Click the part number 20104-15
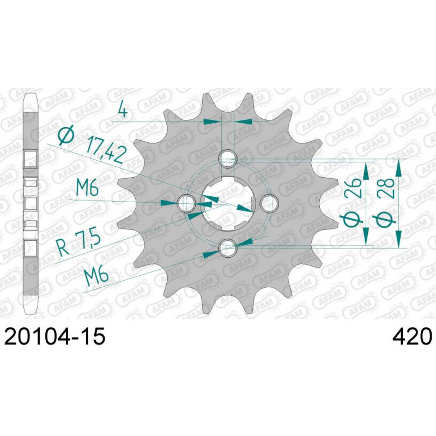(x=55, y=336)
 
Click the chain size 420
(x=412, y=336)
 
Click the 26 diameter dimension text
(x=353, y=188)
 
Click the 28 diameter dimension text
(x=386, y=188)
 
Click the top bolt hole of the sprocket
(x=228, y=159)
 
